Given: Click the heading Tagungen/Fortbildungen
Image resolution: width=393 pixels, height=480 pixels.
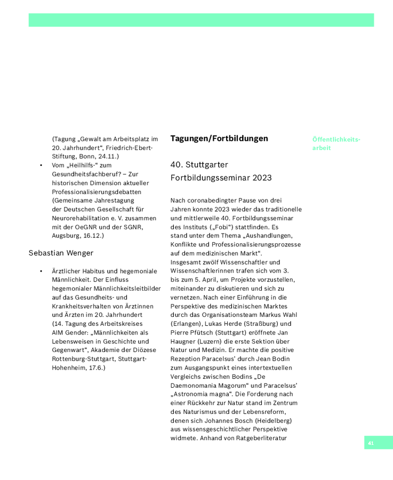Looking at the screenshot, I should coord(219,139).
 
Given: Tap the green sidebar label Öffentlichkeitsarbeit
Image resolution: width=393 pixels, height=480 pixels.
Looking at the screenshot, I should coord(336,143).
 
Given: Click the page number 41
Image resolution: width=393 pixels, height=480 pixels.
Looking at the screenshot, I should coord(371,443).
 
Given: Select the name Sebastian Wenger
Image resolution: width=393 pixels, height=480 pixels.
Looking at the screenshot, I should coord(61,253).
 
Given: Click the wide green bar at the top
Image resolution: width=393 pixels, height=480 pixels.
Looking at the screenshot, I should coord(201,20).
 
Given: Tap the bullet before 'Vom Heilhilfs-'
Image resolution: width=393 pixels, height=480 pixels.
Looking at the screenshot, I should coord(41,165).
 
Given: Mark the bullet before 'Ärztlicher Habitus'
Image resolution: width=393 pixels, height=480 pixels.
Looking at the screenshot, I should coord(41,271).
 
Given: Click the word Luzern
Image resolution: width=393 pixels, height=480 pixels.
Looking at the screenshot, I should coord(212,341).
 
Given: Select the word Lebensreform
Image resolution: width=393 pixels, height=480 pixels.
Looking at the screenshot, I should coord(267,412).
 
